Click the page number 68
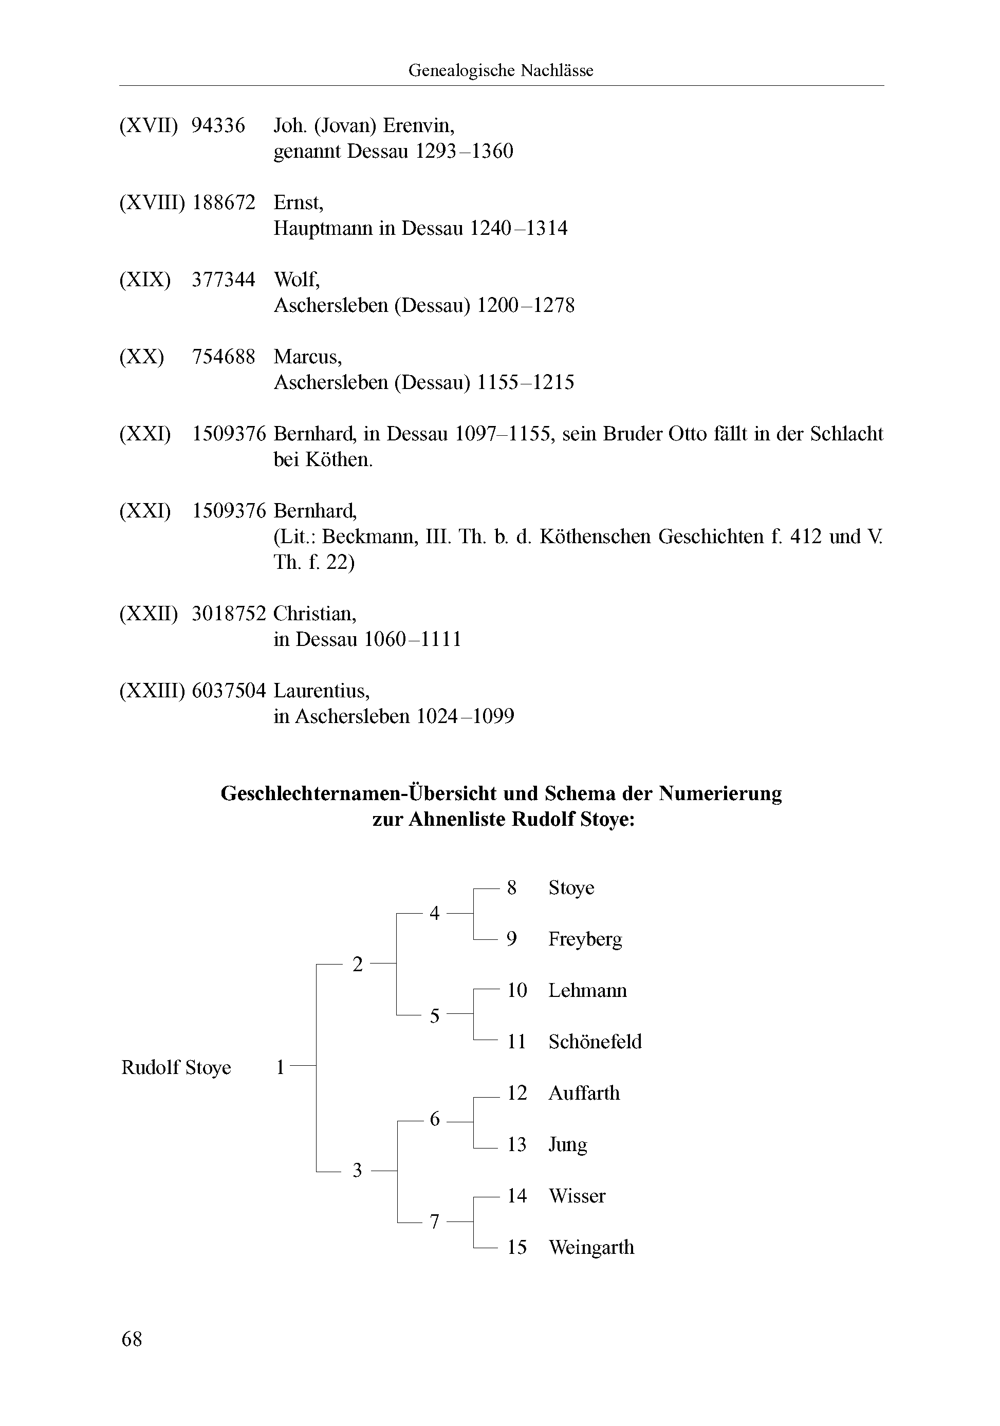pyautogui.click(x=132, y=1339)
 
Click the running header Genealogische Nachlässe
pyautogui.click(x=501, y=70)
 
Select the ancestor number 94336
pyautogui.click(x=218, y=125)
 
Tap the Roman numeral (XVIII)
pyautogui.click(x=152, y=202)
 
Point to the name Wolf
pyautogui.click(x=297, y=280)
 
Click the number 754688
pyautogui.click(x=224, y=357)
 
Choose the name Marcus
pyautogui.click(x=307, y=357)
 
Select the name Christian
pyautogui.click(x=315, y=614)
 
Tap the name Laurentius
pyautogui.click(x=322, y=691)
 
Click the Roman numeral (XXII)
pyautogui.click(x=149, y=614)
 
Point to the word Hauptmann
pyautogui.click(x=323, y=229)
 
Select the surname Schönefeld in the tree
pyautogui.click(x=595, y=1042)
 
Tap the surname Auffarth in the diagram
pyautogui.click(x=584, y=1093)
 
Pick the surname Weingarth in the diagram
pyautogui.click(x=591, y=1247)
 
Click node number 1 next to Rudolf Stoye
pyautogui.click(x=280, y=1068)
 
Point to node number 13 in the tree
pyautogui.click(x=517, y=1144)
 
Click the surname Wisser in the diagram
pyautogui.click(x=577, y=1196)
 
